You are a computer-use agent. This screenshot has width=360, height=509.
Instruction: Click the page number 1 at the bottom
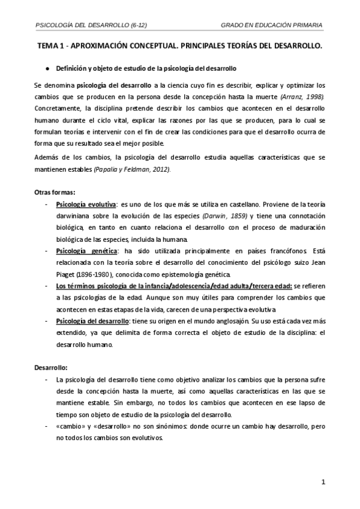323,481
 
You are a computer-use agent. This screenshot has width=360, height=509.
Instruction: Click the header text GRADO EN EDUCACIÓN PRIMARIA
272,25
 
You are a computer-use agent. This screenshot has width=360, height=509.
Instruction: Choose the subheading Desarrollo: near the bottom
50,366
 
